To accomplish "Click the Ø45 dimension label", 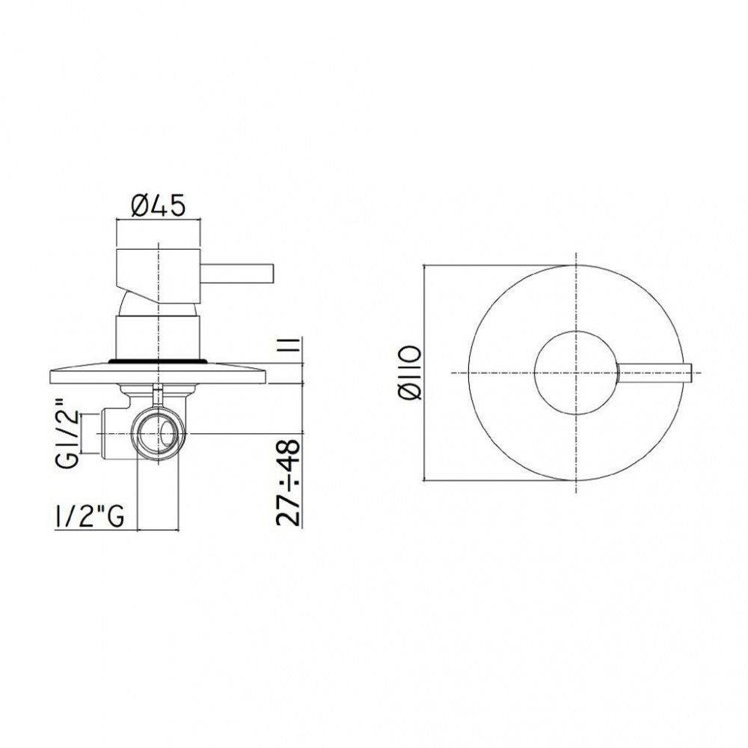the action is coord(157,206).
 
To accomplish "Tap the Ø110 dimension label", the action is coord(408,373).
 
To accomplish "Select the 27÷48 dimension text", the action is coord(289,482).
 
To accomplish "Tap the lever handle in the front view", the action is coord(654,372).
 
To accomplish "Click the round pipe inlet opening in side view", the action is coord(157,434).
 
